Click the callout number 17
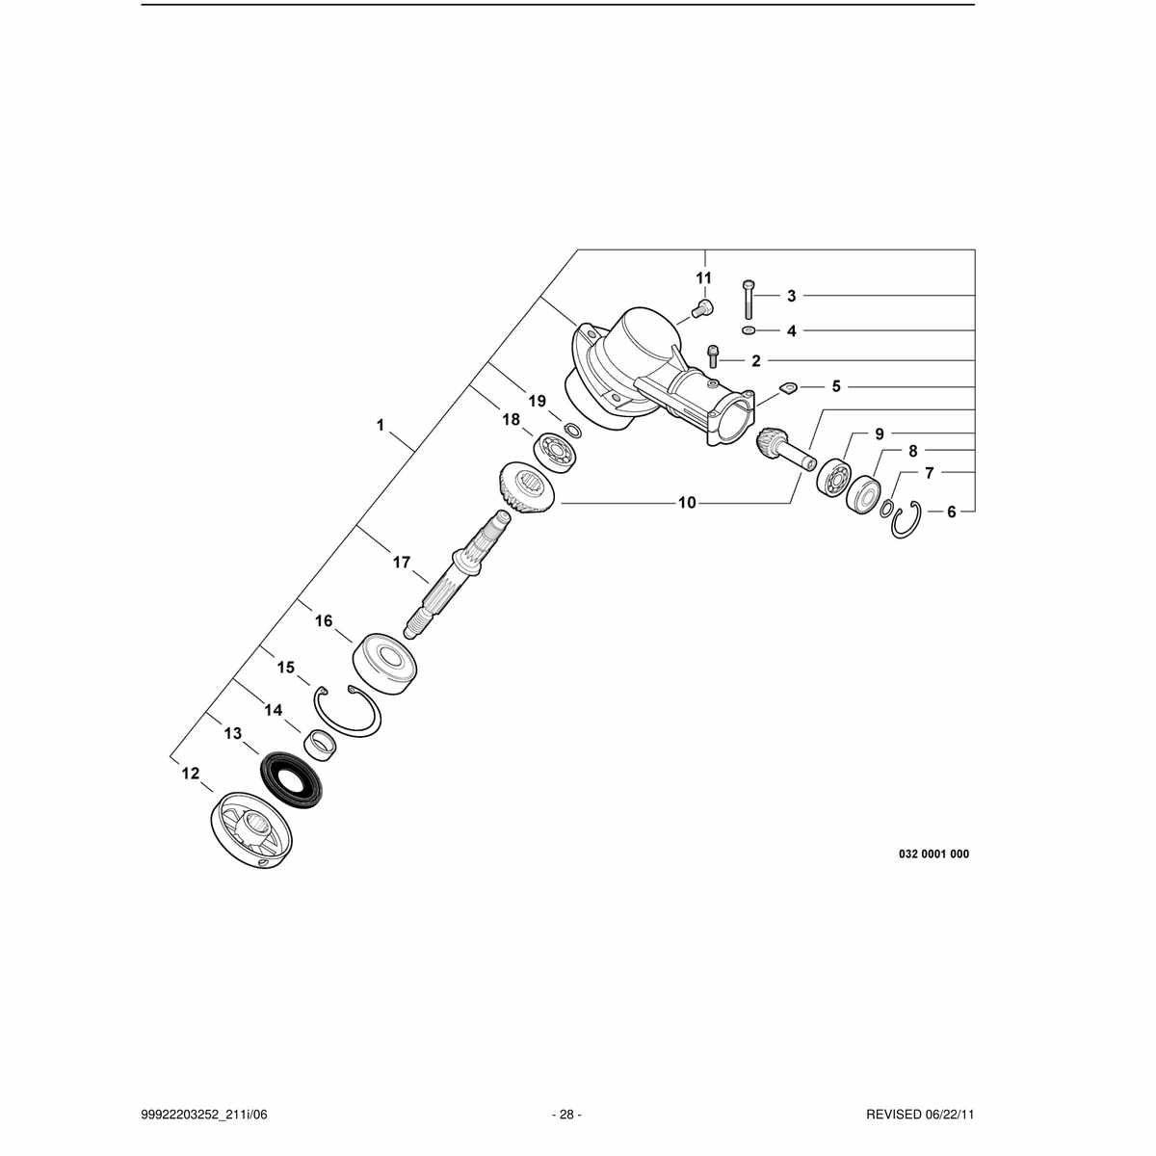[402, 562]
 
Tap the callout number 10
[687, 503]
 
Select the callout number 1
[381, 425]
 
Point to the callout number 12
[190, 774]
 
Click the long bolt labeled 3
[748, 300]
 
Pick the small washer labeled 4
[749, 330]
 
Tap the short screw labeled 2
[713, 356]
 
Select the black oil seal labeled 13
[291, 779]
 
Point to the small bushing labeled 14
[322, 747]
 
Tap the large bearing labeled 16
[384, 664]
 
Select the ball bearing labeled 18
[555, 454]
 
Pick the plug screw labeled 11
[702, 309]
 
